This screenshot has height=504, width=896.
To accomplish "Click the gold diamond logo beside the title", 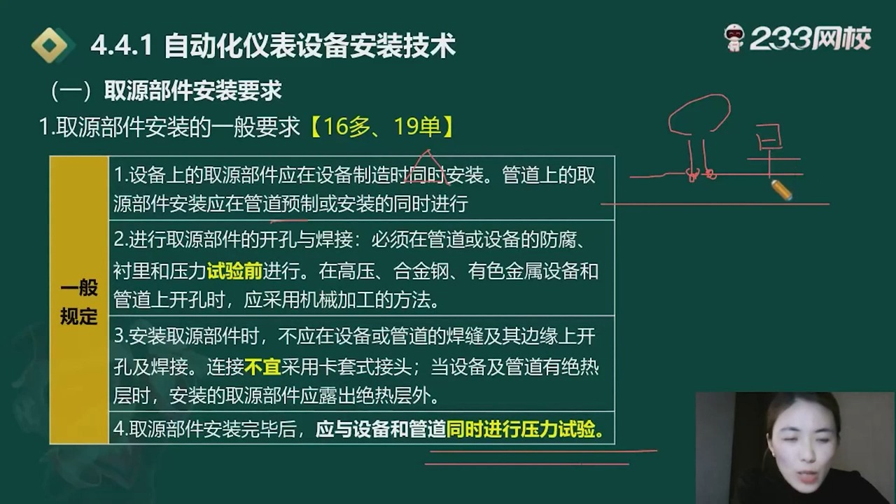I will pyautogui.click(x=53, y=46).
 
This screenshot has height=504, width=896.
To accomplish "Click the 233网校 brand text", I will pyautogui.click(x=810, y=39).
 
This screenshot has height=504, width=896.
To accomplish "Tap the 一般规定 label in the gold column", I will pyautogui.click(x=78, y=302).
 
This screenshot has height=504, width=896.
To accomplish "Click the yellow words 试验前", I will pyautogui.click(x=234, y=271).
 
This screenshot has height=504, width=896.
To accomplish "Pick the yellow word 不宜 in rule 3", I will pyautogui.click(x=262, y=367).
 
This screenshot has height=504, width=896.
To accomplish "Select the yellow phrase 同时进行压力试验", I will pyautogui.click(x=525, y=428).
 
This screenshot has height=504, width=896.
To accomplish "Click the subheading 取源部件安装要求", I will pyautogui.click(x=192, y=91).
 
